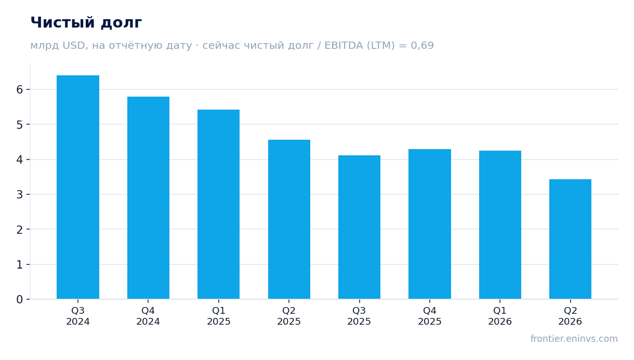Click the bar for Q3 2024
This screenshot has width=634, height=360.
pyautogui.click(x=78, y=187)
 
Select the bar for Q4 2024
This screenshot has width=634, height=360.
pyautogui.click(x=148, y=198)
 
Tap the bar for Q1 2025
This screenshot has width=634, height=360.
pyautogui.click(x=218, y=204)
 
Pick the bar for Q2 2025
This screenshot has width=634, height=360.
pyautogui.click(x=289, y=219)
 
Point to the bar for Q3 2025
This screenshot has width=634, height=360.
pyautogui.click(x=359, y=227)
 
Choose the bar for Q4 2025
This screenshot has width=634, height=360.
pyautogui.click(x=430, y=224)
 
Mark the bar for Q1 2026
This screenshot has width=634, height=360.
pyautogui.click(x=500, y=225)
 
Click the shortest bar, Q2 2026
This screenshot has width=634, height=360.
pyautogui.click(x=570, y=239)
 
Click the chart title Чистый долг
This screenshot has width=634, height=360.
pyautogui.click(x=86, y=23)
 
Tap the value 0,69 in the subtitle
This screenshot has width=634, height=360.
pyautogui.click(x=422, y=46)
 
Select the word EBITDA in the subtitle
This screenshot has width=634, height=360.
pyautogui.click(x=344, y=45)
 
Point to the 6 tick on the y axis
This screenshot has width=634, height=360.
pyautogui.click(x=20, y=90)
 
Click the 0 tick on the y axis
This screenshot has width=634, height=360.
pyautogui.click(x=20, y=299)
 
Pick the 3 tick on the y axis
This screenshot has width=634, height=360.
pyautogui.click(x=20, y=195)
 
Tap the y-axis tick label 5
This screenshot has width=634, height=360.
pyautogui.click(x=20, y=125)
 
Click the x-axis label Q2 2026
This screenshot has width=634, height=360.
pyautogui.click(x=570, y=316)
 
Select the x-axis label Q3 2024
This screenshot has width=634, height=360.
pyautogui.click(x=78, y=316)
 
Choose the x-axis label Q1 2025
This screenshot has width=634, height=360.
pyautogui.click(x=218, y=316)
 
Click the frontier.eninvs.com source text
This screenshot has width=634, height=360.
pyautogui.click(x=574, y=339)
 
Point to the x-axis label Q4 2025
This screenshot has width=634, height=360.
pyautogui.click(x=430, y=316)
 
